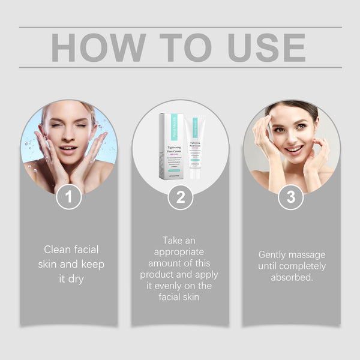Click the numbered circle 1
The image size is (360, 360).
69,197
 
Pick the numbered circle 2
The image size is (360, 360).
180,197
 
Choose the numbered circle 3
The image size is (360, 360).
291,197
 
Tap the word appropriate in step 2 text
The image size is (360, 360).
180,252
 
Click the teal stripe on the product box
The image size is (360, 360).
163,128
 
